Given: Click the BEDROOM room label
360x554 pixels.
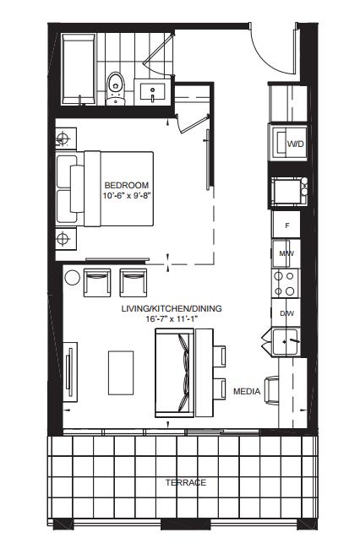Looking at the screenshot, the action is [127, 185].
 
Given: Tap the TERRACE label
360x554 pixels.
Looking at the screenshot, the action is [186, 482].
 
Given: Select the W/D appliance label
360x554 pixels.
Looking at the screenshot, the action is [295, 144].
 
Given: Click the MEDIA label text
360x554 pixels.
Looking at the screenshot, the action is [247, 392].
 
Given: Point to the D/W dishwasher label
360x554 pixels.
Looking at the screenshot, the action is [286, 313].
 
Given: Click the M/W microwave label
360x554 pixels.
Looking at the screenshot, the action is [286, 253].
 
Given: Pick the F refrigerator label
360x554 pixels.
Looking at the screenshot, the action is [287, 225].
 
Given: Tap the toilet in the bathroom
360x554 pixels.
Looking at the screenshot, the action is [116, 89].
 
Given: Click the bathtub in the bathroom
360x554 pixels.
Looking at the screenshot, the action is [79, 69].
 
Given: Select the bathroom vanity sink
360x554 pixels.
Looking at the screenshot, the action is [152, 92].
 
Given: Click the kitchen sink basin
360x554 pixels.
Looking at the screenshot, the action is [285, 342].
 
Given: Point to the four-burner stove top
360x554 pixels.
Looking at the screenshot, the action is [285, 283].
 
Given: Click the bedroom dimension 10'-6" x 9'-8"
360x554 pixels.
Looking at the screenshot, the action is [127, 195].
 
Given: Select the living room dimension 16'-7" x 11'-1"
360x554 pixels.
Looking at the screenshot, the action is [172, 318].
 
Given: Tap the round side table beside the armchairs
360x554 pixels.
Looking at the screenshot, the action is [73, 277].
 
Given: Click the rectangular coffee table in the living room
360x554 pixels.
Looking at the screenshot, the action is [121, 372].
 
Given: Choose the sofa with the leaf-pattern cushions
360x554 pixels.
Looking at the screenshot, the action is [175, 372].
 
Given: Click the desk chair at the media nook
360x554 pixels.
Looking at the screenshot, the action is [271, 390].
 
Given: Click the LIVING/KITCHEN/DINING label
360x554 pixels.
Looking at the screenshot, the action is [172, 308].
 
